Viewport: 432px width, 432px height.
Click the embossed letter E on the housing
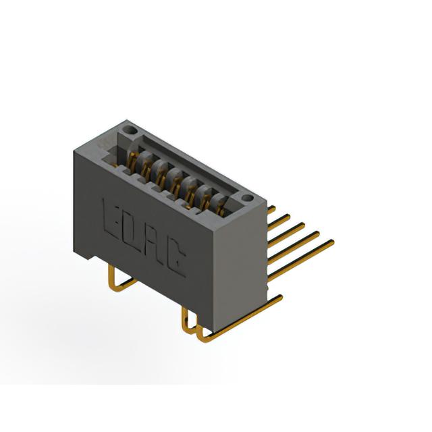pyautogui.click(x=111, y=219)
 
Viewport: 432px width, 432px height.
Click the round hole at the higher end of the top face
pyautogui.click(x=130, y=130)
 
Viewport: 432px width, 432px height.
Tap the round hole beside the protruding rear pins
pyautogui.click(x=248, y=198)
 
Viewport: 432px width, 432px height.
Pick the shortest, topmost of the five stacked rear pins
pyautogui.click(x=271, y=210)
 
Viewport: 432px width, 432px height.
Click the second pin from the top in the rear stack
pyautogui.click(x=279, y=222)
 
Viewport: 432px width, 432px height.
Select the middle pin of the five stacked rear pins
pyautogui.click(x=286, y=234)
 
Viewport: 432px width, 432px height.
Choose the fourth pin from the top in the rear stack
pyautogui.click(x=293, y=248)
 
